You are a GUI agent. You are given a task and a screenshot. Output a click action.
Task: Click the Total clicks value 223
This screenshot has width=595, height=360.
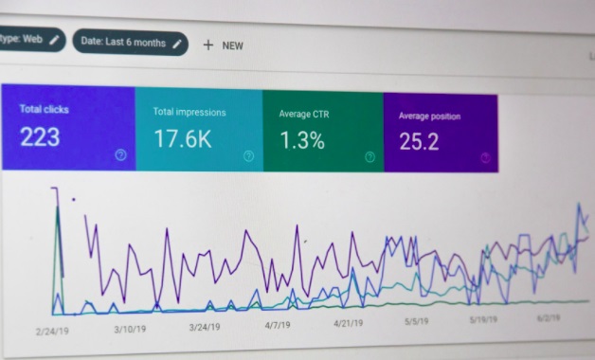[40, 137]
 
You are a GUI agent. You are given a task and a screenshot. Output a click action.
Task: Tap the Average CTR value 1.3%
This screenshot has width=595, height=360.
[302, 142]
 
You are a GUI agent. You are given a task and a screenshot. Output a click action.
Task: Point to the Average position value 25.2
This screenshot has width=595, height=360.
[419, 143]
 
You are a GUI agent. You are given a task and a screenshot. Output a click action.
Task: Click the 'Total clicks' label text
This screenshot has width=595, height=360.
[44, 109]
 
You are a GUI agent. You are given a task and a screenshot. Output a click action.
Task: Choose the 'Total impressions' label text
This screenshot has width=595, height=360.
[189, 112]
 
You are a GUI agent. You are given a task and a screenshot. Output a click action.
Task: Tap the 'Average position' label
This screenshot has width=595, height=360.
[429, 117]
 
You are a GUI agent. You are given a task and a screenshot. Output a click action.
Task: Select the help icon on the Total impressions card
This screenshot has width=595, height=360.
[248, 156]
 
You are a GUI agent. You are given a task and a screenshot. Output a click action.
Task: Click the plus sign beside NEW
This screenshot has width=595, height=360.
[208, 45]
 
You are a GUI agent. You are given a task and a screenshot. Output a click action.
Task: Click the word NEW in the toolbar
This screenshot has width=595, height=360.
[233, 45]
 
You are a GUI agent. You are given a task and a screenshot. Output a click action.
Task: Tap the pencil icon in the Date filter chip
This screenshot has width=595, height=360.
[177, 43]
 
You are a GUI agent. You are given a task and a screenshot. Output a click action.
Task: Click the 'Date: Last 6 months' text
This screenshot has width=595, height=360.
[123, 42]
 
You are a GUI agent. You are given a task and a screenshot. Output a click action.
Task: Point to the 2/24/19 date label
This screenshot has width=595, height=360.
[53, 331]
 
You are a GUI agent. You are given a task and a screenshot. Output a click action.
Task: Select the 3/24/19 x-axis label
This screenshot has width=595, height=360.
[206, 328]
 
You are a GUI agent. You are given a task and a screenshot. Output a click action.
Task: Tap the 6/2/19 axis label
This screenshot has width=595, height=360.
[550, 318]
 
